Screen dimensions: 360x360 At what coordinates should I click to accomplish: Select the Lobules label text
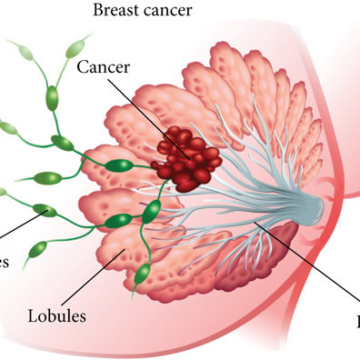point(56,316)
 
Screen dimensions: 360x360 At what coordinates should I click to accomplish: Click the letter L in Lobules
point(32,316)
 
